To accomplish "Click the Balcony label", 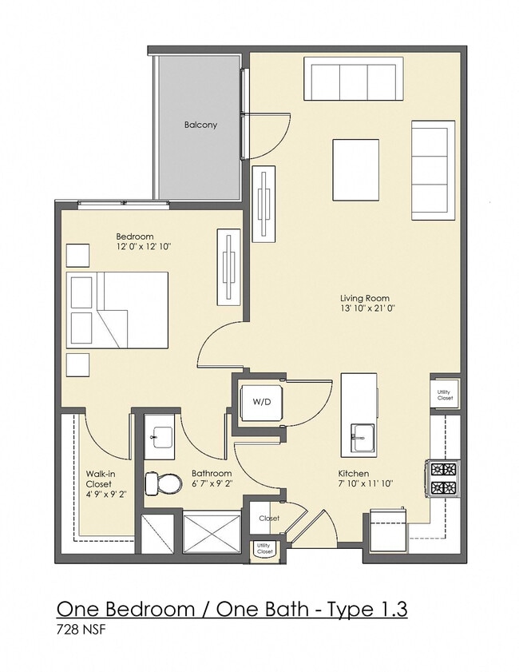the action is [x=200, y=125].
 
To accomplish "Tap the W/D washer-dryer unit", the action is [x=261, y=403].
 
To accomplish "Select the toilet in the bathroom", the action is [x=160, y=483].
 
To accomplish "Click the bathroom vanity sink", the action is [x=160, y=437].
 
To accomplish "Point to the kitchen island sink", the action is [x=363, y=437].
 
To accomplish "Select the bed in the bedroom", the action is [x=117, y=310].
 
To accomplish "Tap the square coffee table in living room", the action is [x=356, y=169].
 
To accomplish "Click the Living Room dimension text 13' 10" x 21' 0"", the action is [x=365, y=308].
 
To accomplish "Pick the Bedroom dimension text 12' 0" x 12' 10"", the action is [x=144, y=246].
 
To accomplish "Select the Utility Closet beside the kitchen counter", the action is [x=445, y=395].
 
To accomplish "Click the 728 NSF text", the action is [x=81, y=630].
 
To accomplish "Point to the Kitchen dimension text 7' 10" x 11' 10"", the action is [x=366, y=484].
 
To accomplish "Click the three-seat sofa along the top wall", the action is [x=354, y=79].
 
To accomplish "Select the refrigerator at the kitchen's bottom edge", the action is [x=388, y=531].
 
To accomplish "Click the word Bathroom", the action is [x=212, y=474].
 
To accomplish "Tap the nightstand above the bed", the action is [x=78, y=256].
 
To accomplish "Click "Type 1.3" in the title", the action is [x=367, y=609].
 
